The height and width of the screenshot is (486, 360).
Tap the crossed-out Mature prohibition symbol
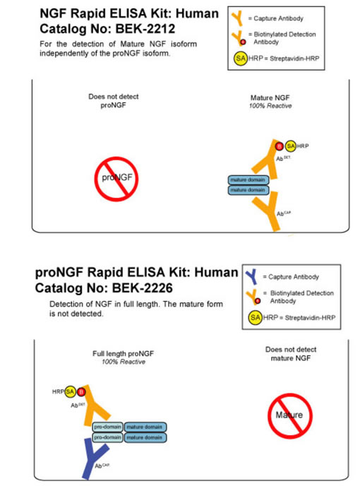point(289,414)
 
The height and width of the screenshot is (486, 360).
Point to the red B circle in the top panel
point(280,146)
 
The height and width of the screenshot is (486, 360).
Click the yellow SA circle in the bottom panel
point(70,391)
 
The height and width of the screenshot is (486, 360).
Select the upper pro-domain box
point(108,427)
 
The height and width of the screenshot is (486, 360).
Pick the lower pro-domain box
point(108,438)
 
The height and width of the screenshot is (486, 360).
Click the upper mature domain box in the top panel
point(248,180)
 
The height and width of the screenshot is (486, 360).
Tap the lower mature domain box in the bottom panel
point(146,438)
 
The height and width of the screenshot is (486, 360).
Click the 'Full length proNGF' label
point(119,353)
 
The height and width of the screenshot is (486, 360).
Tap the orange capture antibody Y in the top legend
point(241,18)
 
